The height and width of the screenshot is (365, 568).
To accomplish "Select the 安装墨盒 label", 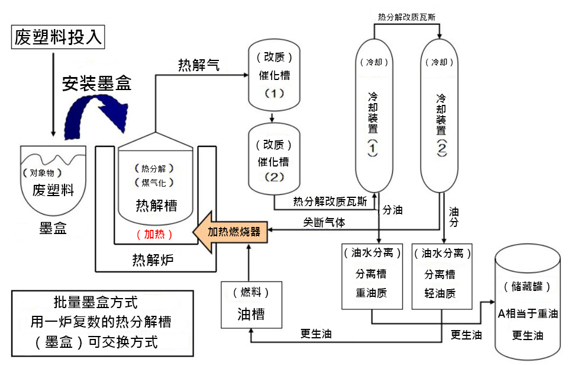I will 97,83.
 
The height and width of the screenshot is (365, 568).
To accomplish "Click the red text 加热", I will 154,234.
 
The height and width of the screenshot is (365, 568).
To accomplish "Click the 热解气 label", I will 199,66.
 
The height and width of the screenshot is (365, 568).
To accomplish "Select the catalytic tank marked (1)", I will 274,75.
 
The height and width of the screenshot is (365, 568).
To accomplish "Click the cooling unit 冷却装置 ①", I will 373,116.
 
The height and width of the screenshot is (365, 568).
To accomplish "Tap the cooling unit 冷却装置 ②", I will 441,116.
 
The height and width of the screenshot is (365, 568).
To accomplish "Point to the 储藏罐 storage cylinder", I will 527,302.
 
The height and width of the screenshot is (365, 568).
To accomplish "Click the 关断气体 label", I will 324,222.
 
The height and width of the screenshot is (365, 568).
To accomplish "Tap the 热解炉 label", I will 153,259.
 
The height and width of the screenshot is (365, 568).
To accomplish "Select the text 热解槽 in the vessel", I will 156,205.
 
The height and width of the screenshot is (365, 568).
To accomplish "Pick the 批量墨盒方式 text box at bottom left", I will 103,323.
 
